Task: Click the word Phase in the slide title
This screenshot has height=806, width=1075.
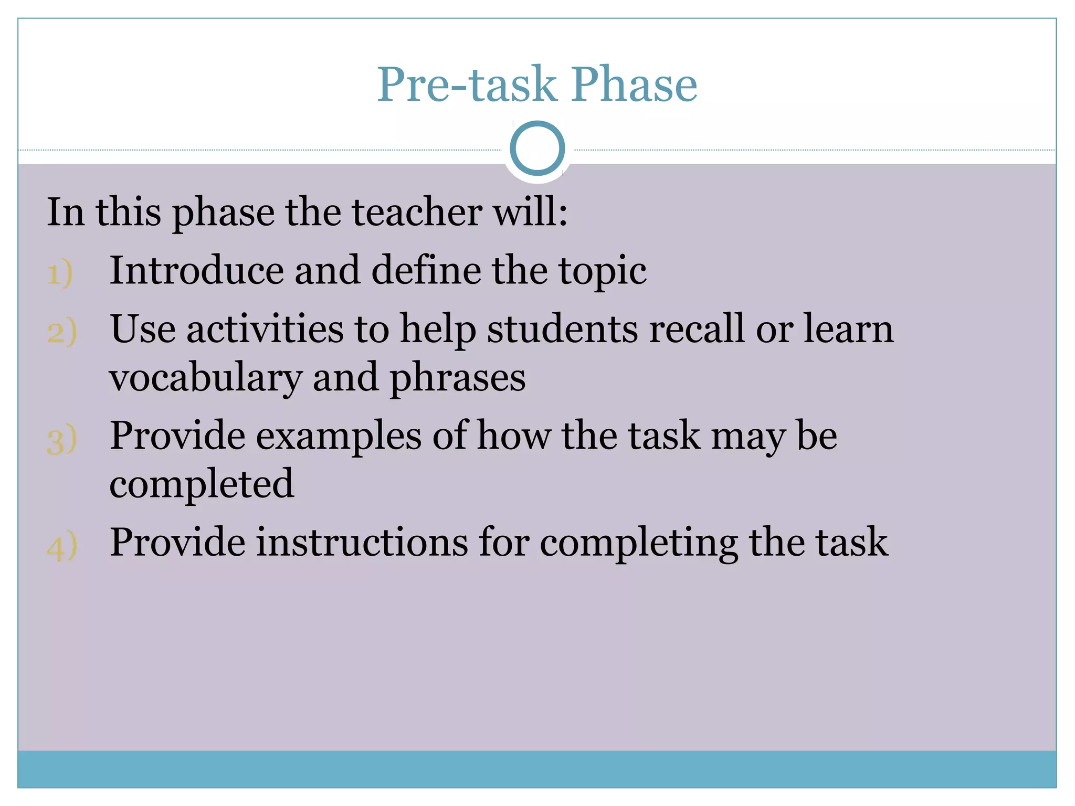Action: [x=635, y=84]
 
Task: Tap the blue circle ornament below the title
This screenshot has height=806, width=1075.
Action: [x=537, y=148]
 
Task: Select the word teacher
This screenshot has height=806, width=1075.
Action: [x=417, y=212]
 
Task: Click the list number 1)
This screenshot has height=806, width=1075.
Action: [x=60, y=273]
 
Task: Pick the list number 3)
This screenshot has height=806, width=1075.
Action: [x=62, y=439]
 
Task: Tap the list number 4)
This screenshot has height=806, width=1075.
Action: [x=62, y=546]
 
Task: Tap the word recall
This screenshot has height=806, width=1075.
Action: [x=697, y=329]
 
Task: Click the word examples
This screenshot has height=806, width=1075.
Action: [x=339, y=437]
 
